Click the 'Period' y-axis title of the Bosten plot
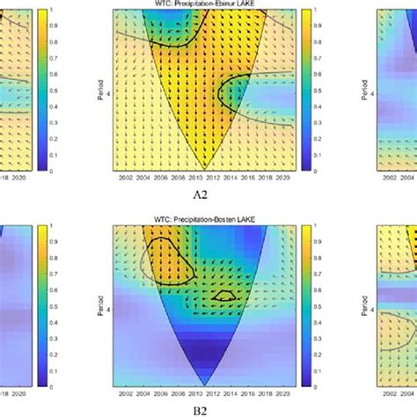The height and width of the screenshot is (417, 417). [99, 304]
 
